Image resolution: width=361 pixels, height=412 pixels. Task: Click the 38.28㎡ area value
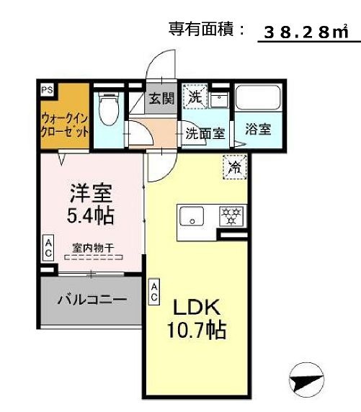306,32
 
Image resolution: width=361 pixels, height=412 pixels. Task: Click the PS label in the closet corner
47,90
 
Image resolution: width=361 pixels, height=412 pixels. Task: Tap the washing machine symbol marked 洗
195,96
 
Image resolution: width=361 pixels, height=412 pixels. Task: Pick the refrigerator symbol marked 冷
234,167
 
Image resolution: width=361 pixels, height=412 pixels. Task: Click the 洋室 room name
90,193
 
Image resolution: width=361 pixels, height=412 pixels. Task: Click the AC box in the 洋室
48,249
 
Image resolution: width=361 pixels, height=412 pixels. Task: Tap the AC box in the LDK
155,290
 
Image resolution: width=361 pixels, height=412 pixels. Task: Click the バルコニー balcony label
92,298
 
